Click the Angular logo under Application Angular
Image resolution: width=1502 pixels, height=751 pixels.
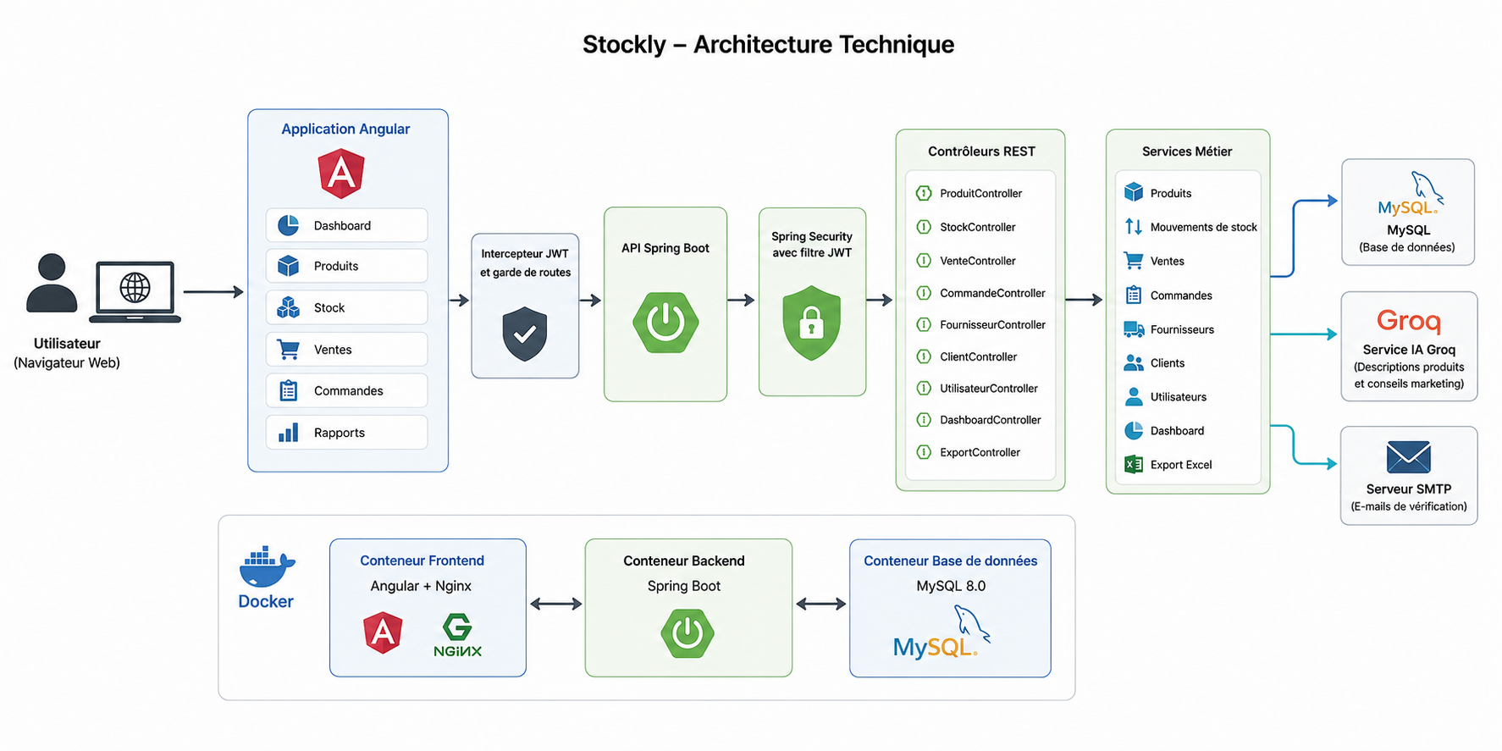(x=341, y=174)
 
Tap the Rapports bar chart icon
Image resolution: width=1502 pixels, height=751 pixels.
(x=289, y=433)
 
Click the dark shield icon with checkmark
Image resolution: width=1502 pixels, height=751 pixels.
(x=525, y=334)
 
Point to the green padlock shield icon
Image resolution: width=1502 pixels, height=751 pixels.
(x=812, y=323)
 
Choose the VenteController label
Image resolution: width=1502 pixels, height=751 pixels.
(x=978, y=261)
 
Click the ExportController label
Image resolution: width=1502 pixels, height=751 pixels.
(x=980, y=452)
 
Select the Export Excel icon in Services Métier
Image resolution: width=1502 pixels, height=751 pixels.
(x=1134, y=464)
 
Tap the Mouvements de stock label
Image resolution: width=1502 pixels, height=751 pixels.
(x=1203, y=227)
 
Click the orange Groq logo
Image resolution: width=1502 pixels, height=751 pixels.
(x=1409, y=321)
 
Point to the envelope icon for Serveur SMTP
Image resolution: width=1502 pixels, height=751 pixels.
(x=1409, y=457)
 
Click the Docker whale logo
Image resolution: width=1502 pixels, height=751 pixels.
(x=267, y=567)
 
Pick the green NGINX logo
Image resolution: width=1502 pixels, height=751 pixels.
(x=457, y=636)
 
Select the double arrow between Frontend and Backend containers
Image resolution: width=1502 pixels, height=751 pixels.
(x=555, y=604)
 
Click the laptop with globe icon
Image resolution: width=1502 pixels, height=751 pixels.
(x=135, y=292)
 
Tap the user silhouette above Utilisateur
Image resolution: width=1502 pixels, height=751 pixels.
(x=52, y=283)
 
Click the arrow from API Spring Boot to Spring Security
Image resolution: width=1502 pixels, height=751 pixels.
(x=741, y=300)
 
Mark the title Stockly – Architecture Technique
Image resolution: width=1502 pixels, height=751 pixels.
(x=768, y=44)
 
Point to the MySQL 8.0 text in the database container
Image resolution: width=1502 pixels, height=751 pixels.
(x=951, y=586)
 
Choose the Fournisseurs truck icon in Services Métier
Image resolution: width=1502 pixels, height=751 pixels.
(x=1134, y=329)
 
